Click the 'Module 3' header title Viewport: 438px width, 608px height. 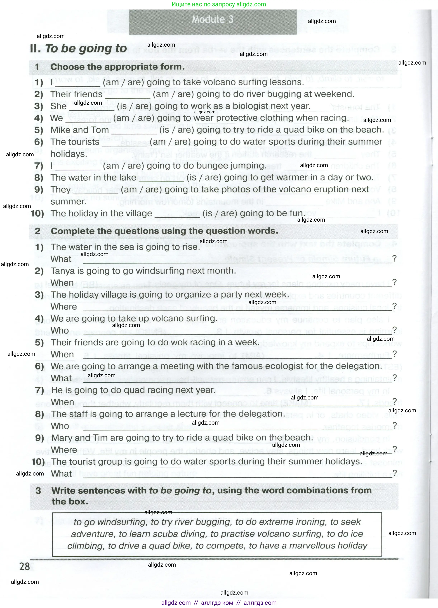click(x=213, y=20)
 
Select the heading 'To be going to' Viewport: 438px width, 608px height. click(x=86, y=49)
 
